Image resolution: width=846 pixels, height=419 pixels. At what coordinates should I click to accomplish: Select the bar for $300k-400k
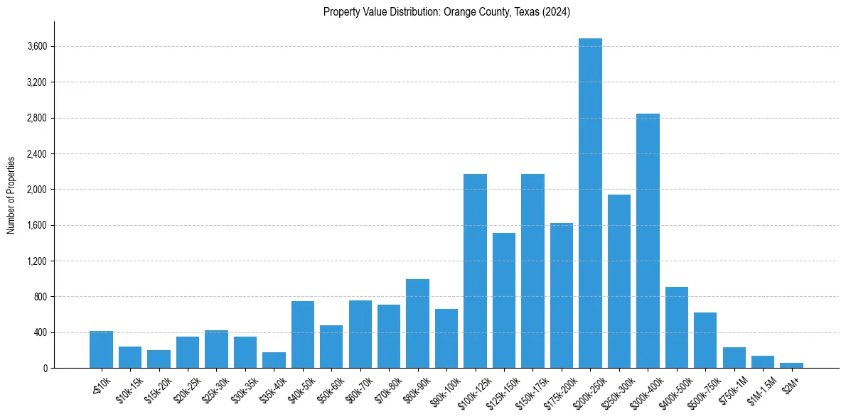tap(648, 241)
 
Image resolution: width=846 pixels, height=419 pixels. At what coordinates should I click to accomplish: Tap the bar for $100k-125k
tap(475, 271)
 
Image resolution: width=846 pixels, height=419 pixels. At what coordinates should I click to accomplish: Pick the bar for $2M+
tap(791, 365)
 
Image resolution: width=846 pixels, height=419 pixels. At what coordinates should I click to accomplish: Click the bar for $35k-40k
tap(274, 360)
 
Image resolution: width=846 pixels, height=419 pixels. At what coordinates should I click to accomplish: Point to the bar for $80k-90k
tap(417, 323)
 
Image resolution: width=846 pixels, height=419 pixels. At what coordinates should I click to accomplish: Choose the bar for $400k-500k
tap(676, 327)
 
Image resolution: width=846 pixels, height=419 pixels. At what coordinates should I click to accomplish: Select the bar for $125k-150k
tap(504, 300)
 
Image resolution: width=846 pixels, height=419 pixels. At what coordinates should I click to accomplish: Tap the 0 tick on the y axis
tap(44, 369)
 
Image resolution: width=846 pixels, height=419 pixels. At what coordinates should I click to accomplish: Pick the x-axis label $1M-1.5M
tap(761, 388)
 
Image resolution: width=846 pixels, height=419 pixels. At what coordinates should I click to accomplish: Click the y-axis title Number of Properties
tap(11, 195)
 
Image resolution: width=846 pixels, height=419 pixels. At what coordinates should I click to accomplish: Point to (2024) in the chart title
tap(555, 12)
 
